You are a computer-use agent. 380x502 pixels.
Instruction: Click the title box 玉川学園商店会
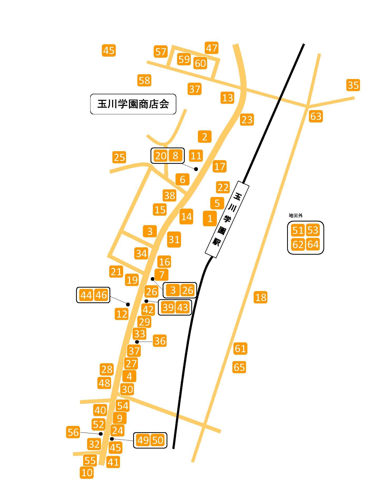[133, 104]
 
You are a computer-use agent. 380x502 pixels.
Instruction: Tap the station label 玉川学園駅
[227, 219]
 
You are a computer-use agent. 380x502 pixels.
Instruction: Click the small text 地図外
[296, 215]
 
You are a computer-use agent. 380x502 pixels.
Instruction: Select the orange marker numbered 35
[353, 85]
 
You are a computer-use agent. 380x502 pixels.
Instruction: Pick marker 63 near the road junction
[316, 116]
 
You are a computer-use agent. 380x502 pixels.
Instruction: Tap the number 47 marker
[212, 48]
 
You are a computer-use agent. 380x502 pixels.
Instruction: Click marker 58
[144, 80]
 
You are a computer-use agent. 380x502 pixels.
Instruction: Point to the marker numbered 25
[119, 158]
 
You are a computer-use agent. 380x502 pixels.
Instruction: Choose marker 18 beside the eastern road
[261, 297]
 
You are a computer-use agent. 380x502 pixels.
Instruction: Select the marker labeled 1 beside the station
[210, 218]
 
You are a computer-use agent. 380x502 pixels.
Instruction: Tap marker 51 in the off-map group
[298, 230]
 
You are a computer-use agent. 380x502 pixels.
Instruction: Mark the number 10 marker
[87, 473]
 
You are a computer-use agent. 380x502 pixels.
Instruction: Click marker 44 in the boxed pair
[86, 295]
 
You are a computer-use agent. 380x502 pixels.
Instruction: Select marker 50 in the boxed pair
[158, 440]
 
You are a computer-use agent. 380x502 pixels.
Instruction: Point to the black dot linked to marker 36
[137, 342]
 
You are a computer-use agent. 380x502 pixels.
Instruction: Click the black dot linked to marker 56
[101, 434]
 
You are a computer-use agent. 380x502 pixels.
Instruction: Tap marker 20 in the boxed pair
[160, 156]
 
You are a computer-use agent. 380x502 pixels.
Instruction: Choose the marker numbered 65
[239, 367]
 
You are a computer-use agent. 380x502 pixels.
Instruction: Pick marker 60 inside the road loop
[200, 63]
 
